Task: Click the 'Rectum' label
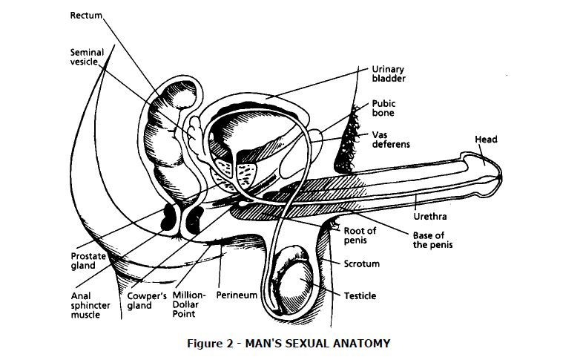click(86, 15)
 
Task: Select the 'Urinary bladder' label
click(389, 73)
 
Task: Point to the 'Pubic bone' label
click(383, 108)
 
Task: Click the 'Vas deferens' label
click(391, 139)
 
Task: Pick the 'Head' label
click(486, 139)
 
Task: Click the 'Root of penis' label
click(360, 235)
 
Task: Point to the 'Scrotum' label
click(361, 264)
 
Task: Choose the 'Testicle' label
click(360, 295)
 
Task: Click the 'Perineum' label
click(237, 295)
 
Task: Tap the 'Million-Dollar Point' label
click(189, 304)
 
